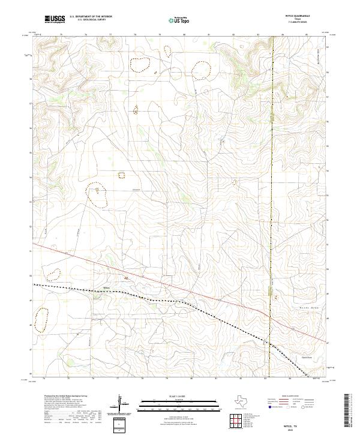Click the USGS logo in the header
coord(55,19)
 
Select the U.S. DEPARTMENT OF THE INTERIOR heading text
coord(91,17)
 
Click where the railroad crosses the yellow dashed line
coord(270,344)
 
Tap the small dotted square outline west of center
coord(121,175)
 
